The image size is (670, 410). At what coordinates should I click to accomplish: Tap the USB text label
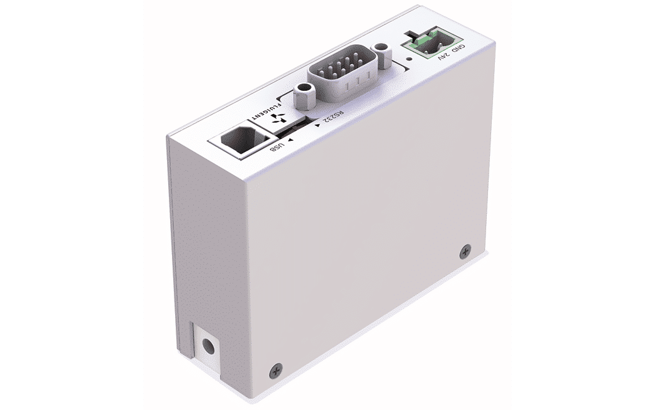pos(275,148)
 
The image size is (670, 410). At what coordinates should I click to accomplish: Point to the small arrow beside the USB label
pos(290,142)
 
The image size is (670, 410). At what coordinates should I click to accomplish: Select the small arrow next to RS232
pos(318,126)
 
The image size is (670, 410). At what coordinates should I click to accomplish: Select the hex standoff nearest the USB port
pos(303,95)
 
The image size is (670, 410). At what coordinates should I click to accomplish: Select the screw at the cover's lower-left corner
pos(275,369)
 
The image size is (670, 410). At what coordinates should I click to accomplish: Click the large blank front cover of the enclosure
pos(355,249)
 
